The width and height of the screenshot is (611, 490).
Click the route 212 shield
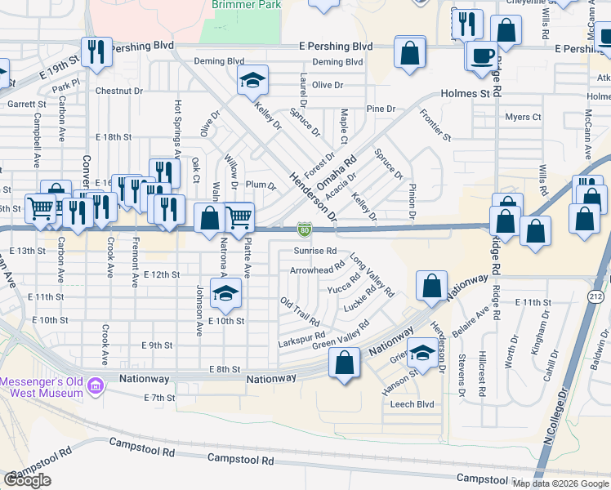(594, 298)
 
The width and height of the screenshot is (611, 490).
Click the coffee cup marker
(483, 56)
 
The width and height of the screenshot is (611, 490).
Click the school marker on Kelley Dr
(253, 80)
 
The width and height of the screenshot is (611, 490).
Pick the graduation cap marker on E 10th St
(225, 294)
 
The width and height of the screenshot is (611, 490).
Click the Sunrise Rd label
(315, 251)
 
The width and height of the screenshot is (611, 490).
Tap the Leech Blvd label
(412, 404)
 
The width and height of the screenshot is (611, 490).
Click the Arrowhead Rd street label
(317, 269)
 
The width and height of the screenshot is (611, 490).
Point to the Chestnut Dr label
(119, 91)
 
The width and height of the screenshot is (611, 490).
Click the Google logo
(28, 480)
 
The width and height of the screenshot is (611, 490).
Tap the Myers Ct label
(523, 118)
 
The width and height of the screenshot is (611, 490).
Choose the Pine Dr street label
(381, 109)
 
